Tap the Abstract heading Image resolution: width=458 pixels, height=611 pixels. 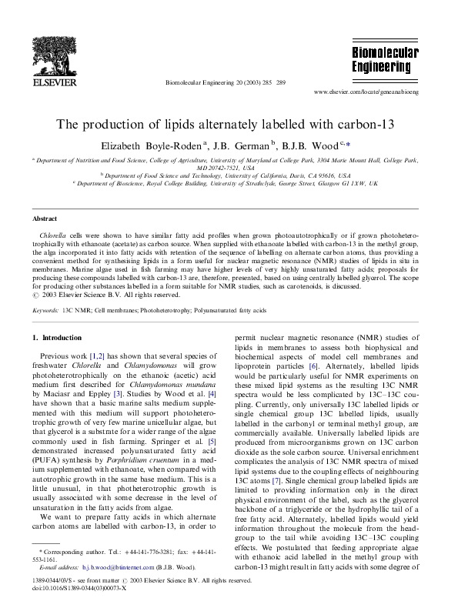pos(44,219)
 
